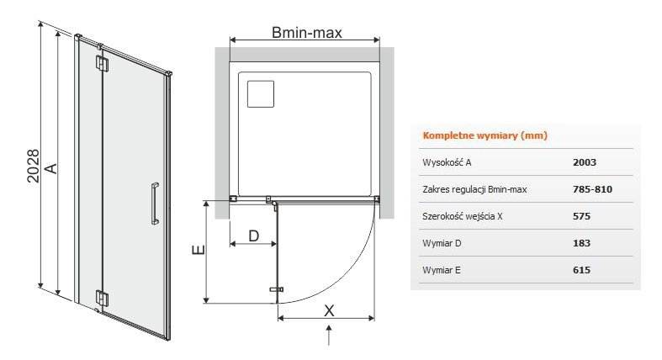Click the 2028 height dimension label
click(x=33, y=166)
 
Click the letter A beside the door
click(x=50, y=168)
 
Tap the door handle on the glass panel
click(x=155, y=203)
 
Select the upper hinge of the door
click(x=102, y=64)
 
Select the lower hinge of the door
click(x=102, y=298)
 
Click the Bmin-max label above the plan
click(x=306, y=33)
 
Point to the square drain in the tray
click(x=261, y=93)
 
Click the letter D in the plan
click(x=254, y=236)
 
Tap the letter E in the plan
click(x=198, y=250)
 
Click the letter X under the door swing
click(x=329, y=310)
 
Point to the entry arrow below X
click(x=329, y=336)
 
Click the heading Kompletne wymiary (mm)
click(x=485, y=135)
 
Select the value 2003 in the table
click(x=585, y=162)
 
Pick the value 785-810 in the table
click(x=592, y=189)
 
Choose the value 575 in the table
click(x=581, y=216)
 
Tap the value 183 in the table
click(x=581, y=243)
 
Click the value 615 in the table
click(x=581, y=270)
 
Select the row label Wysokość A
click(x=447, y=162)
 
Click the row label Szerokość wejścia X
click(x=463, y=216)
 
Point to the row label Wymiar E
click(x=442, y=270)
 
